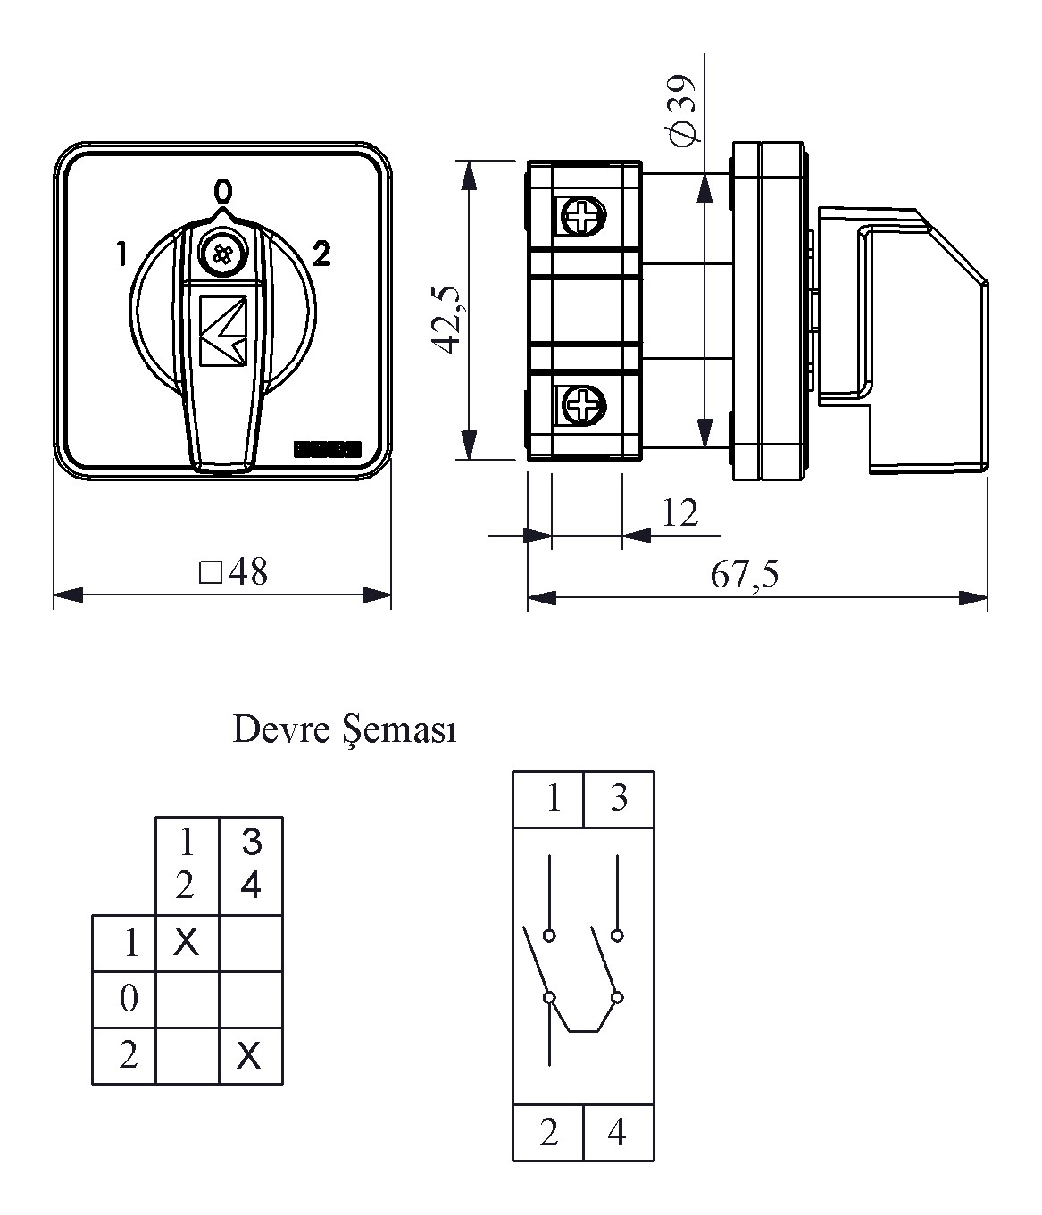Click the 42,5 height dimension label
coord(446,320)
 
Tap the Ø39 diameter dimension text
coord(684,111)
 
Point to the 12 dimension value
coord(679,513)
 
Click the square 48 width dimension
coord(234,572)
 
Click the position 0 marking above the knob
coord(222,191)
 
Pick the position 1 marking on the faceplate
coord(121,255)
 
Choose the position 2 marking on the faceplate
coord(321,255)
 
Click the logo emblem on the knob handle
coord(223,331)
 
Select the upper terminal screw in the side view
coord(581,216)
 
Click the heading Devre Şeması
coord(345,730)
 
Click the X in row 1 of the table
coord(187,942)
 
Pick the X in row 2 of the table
coord(250,1057)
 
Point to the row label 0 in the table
coord(128,999)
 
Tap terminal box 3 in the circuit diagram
coord(619,798)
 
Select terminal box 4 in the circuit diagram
coord(617,1133)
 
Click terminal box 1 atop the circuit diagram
coord(553,798)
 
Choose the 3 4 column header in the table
coord(251,863)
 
